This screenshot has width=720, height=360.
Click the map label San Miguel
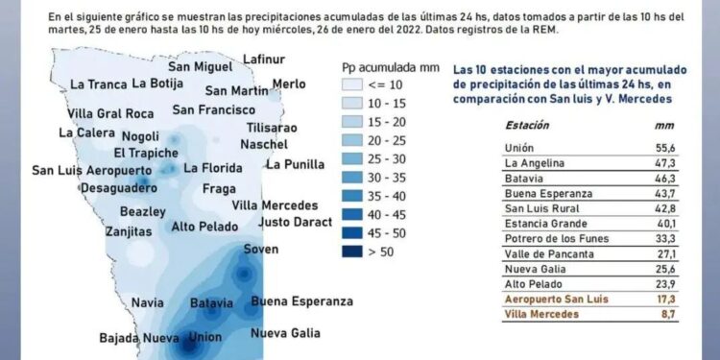pyautogui.click(x=200, y=66)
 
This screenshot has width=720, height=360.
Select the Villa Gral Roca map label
pyautogui.click(x=111, y=113)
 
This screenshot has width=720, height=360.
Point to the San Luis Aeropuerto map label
pyautogui.click(x=92, y=170)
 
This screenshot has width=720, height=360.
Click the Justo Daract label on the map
pyautogui.click(x=296, y=222)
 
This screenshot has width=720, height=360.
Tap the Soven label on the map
pyautogui.click(x=261, y=250)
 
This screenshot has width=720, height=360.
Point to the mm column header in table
pyautogui.click(x=660, y=125)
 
